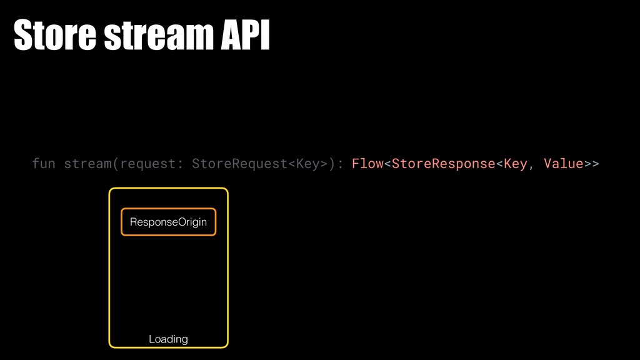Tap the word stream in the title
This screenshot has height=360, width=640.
[156, 37]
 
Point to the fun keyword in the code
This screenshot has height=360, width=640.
[43, 164]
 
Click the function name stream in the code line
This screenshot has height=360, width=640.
[88, 164]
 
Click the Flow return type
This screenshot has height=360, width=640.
[367, 164]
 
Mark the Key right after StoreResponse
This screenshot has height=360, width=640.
[515, 164]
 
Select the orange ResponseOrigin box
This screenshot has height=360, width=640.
[168, 222]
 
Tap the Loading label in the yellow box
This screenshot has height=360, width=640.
[168, 339]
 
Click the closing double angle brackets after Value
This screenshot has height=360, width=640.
[591, 164]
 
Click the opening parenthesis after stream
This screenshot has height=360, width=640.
[116, 164]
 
